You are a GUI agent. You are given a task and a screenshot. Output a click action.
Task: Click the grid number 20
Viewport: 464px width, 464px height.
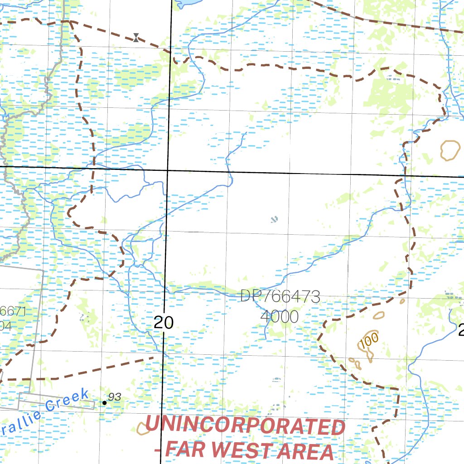pyautogui.click(x=163, y=323)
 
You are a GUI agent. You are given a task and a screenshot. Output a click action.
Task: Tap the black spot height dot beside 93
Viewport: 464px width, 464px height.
pyautogui.click(x=105, y=402)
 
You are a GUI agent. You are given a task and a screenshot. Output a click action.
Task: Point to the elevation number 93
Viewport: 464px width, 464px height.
pyautogui.click(x=115, y=397)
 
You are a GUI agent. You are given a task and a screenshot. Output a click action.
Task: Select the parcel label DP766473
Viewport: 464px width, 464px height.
pyautogui.click(x=280, y=297)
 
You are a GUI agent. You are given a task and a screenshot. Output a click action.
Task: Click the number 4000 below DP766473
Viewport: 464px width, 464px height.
pyautogui.click(x=280, y=316)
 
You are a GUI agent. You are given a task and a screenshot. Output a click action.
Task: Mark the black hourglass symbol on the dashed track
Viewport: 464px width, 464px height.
pyautogui.click(x=136, y=38)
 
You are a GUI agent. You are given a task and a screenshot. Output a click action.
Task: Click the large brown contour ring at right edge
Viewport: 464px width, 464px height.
pyautogui.click(x=450, y=150)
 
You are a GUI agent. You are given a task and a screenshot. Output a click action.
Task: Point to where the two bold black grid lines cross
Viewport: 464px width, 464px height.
pyautogui.click(x=168, y=170)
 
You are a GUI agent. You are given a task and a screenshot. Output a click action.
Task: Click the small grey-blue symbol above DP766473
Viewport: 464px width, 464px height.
pyautogui.click(x=273, y=220)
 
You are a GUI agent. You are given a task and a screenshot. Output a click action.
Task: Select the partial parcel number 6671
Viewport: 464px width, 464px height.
pyautogui.click(x=14, y=312)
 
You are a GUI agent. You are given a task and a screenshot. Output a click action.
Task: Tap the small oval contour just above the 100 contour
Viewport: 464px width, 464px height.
pyautogui.click(x=378, y=315)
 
